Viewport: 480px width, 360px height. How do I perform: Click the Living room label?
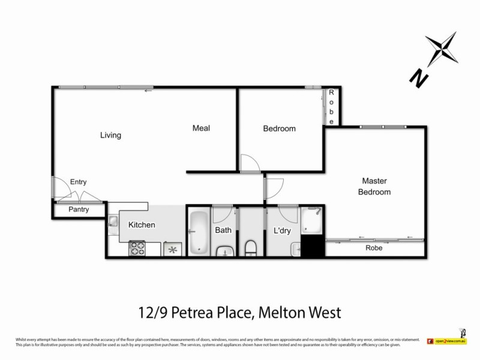[110, 135]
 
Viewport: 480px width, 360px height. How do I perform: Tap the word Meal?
[201, 128]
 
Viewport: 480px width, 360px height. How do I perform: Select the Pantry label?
[79, 209]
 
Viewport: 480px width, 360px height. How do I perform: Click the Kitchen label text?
[142, 225]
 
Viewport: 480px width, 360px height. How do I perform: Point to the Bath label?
[223, 230]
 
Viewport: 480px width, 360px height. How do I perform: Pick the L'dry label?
[282, 230]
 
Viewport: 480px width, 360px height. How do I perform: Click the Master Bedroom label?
[374, 186]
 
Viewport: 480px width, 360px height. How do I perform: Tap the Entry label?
[79, 182]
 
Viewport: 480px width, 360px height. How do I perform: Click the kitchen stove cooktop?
[137, 248]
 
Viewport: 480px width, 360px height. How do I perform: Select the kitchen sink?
[113, 222]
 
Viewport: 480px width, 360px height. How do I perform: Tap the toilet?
[251, 247]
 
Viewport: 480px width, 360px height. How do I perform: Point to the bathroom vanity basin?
[224, 251]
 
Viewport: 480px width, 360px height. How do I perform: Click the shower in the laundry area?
[312, 220]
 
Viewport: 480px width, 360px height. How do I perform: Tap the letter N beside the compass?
[418, 77]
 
